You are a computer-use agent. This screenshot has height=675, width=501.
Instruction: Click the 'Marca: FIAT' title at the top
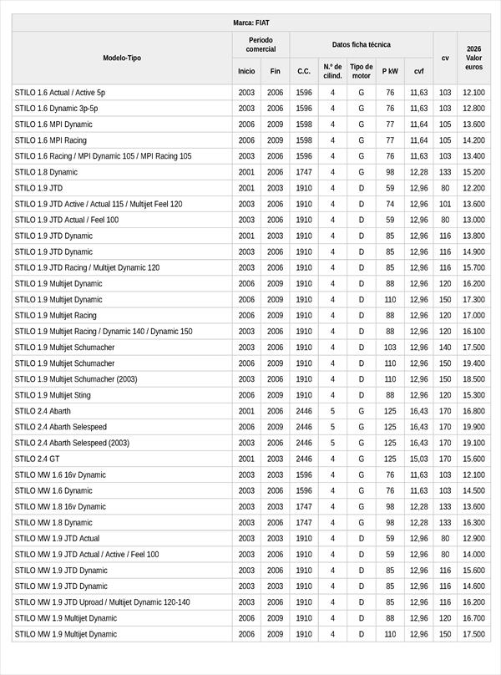point(250,23)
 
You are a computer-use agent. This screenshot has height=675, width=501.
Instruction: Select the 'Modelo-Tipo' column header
point(122,58)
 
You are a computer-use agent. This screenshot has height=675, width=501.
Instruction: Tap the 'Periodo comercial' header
point(261,44)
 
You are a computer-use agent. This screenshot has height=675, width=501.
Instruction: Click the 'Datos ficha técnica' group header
point(361,44)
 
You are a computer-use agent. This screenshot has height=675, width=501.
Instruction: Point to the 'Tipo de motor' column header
point(362,71)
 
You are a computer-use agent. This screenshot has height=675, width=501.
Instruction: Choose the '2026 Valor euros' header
point(473,58)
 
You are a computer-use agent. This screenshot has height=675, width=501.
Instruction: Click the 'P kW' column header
point(390,72)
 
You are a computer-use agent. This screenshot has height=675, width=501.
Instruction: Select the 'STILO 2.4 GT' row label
point(38,459)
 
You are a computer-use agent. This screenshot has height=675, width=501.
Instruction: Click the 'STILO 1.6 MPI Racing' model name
point(50,140)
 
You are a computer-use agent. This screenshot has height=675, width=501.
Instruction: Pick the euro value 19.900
point(473,427)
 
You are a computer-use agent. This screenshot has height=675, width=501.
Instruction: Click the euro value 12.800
point(473,109)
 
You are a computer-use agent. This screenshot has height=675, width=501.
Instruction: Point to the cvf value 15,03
point(418,459)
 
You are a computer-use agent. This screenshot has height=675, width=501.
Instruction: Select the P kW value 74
point(390,204)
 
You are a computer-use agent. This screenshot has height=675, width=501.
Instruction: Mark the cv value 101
point(445,204)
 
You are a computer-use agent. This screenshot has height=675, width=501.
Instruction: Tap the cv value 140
point(445,348)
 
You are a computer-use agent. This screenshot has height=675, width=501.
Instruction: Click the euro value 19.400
point(473,363)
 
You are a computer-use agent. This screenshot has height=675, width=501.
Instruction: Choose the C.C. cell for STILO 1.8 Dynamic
point(304,172)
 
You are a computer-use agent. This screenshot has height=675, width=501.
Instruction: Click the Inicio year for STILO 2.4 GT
point(246,459)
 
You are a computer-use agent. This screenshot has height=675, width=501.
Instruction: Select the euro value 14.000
point(473,554)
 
